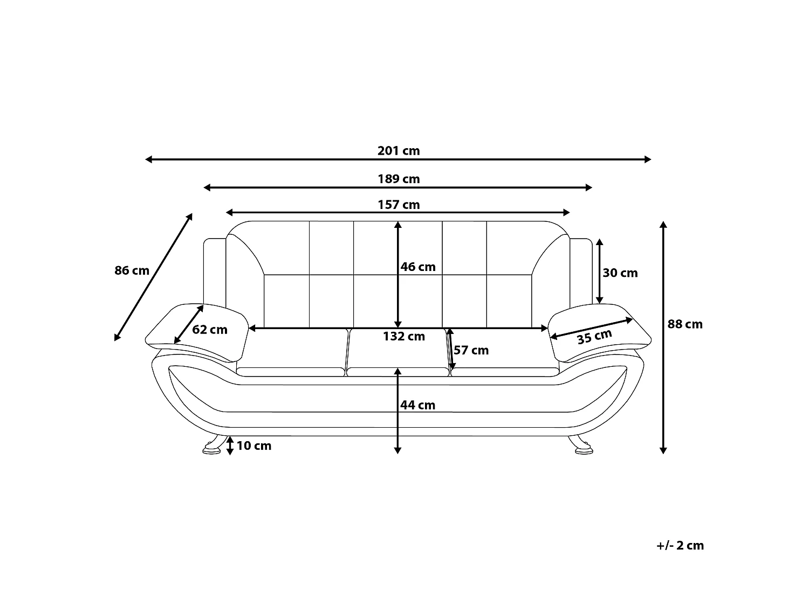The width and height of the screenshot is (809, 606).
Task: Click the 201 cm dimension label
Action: click(399, 151)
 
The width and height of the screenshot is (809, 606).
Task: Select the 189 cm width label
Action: click(399, 179)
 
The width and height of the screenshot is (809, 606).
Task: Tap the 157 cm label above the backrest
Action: click(399, 205)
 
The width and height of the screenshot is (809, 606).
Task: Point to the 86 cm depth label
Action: click(132, 270)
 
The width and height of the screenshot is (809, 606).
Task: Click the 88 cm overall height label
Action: click(685, 324)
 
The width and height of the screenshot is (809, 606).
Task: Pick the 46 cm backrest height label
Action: click(418, 267)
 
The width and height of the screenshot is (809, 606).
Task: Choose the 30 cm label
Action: click(620, 273)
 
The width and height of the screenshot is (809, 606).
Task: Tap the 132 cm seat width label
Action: click(404, 336)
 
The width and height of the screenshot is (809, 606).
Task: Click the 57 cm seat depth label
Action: click(471, 350)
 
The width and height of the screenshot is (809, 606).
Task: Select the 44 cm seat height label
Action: click(418, 405)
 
